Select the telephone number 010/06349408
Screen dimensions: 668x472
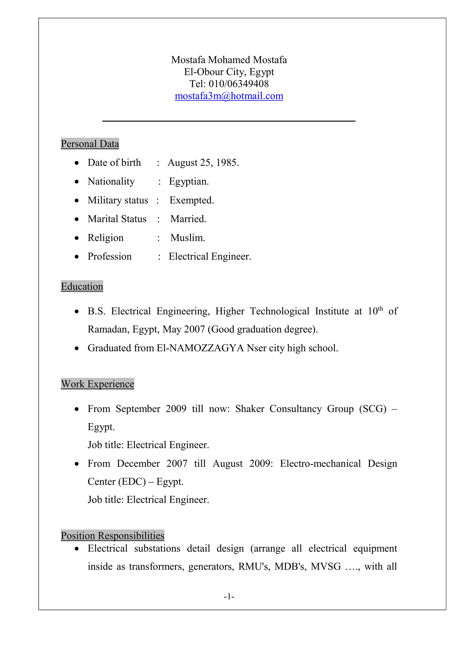tap(239, 84)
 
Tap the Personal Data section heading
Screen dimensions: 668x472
tap(90, 144)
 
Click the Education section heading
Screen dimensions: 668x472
tap(82, 286)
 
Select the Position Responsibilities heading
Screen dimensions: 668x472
tap(112, 535)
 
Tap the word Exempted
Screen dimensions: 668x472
tap(192, 200)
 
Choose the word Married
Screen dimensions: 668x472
tap(188, 219)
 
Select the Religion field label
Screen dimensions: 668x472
tap(106, 238)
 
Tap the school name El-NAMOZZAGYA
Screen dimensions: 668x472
tap(200, 348)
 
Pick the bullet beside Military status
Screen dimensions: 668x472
tap(77, 200)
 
